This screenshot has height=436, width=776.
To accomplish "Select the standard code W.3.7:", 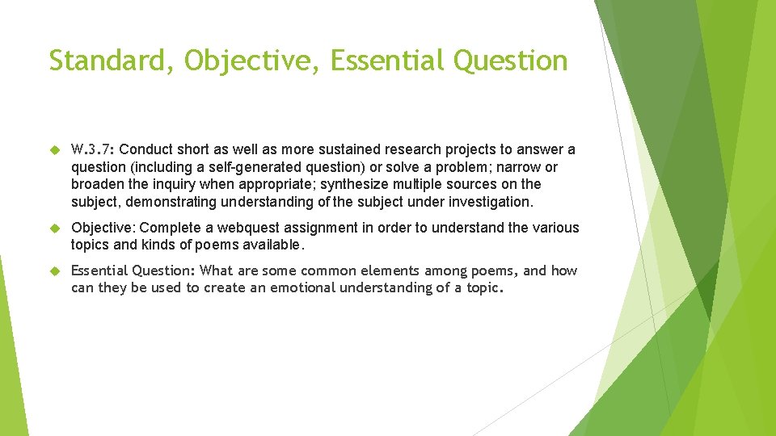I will (x=92, y=150).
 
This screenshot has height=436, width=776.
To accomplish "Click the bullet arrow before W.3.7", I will (x=54, y=150).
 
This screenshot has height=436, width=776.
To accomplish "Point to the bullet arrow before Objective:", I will (x=54, y=228).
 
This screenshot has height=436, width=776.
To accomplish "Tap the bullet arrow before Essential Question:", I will (x=54, y=271).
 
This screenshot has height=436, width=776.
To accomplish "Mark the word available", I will (x=276, y=245).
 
